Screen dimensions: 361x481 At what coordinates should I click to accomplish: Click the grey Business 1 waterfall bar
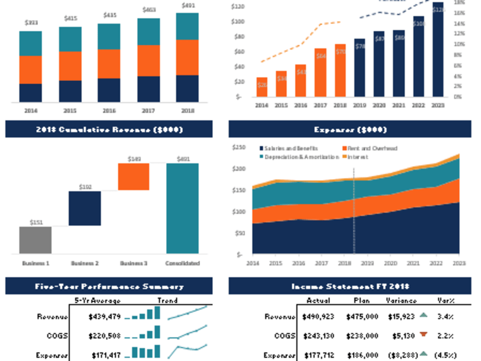(35, 240)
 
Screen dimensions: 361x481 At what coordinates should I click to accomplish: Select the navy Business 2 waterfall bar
(85, 208)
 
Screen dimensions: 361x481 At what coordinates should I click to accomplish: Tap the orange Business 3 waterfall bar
(134, 177)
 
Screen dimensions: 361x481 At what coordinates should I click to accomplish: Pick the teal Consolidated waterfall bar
(182, 208)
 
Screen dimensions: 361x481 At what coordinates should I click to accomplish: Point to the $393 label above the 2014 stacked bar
(31, 23)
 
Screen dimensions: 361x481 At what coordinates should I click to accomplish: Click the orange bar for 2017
(320, 72)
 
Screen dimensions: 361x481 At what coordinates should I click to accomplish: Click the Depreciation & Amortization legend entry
(299, 157)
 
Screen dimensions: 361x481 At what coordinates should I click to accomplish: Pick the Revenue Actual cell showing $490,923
(318, 317)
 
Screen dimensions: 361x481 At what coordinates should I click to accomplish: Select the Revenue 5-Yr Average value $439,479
(104, 317)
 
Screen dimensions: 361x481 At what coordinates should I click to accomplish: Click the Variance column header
(401, 300)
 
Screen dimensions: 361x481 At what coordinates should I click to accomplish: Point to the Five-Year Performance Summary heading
(109, 286)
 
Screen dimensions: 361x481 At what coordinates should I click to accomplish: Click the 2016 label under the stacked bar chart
(109, 111)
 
